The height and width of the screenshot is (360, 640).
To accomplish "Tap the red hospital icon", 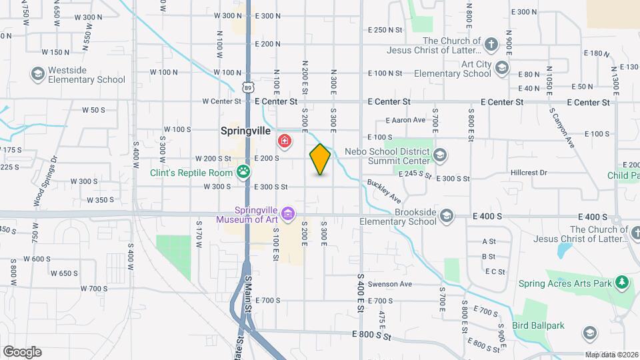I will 285,141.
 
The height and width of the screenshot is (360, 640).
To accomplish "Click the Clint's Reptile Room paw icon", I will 245,172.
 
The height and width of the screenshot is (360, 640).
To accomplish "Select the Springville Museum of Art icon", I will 287,213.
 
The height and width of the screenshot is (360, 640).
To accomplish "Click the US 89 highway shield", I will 248,87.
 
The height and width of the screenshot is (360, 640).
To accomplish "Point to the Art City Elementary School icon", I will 501,67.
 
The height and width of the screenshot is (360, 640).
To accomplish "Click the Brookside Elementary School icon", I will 447,216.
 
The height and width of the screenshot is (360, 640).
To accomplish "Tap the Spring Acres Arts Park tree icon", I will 622,283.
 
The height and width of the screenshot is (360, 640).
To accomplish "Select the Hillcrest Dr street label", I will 529,172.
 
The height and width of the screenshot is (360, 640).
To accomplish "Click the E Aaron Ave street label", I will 405,121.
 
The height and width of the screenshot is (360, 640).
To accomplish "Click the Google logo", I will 22,352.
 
